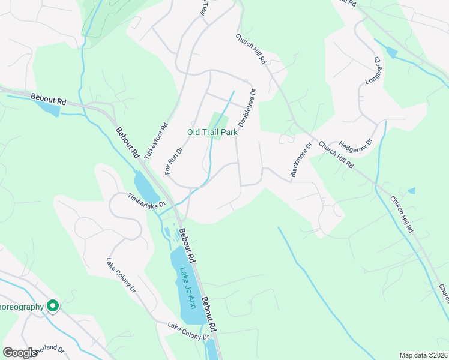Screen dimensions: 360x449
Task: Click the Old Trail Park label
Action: [212, 132]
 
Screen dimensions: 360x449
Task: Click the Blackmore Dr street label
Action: [301, 160]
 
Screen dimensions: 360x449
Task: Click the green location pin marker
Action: [53, 306]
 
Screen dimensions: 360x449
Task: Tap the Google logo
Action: [20, 353]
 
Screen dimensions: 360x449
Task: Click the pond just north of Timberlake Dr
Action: [146, 185]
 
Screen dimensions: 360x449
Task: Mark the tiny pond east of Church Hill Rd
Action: [411, 191]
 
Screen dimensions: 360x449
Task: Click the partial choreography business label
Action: [22, 307]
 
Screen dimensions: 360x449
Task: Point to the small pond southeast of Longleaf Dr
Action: [392, 53]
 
